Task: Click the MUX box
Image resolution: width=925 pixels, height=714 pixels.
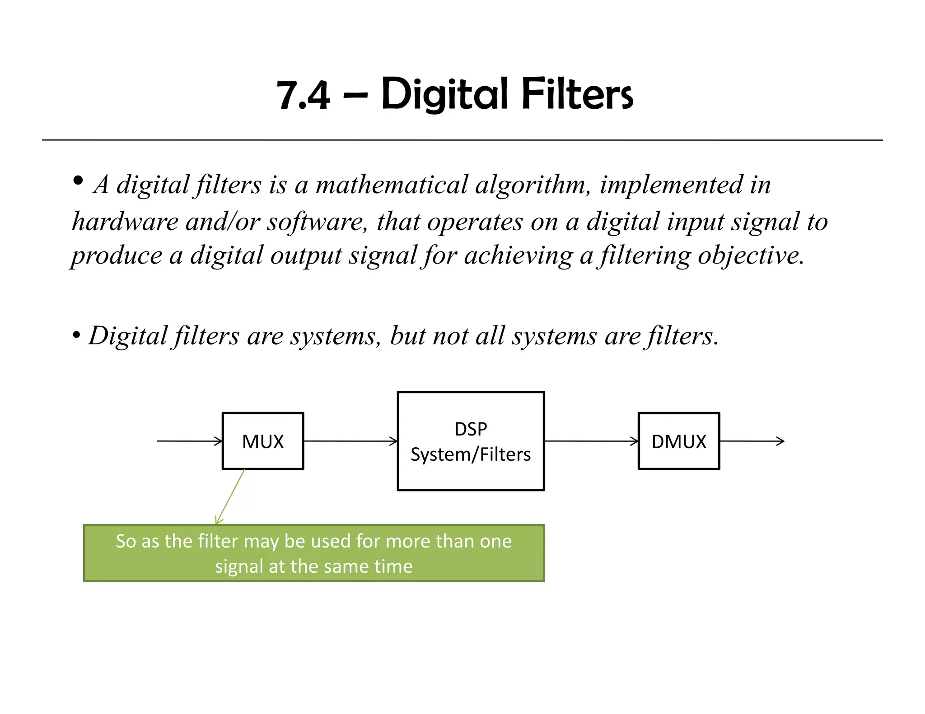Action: pos(263,441)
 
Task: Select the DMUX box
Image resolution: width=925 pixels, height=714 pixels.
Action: pos(678,441)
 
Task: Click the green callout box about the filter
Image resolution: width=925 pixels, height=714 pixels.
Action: pos(314,553)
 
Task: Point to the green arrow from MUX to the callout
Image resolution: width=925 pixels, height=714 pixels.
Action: pos(230,496)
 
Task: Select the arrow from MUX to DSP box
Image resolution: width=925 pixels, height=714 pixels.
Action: pos(350,441)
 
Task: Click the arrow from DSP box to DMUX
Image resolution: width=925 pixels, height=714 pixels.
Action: pos(591,441)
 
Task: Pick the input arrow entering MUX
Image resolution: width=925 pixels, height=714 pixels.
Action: pos(190,441)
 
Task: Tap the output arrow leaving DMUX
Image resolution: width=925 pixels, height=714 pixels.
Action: pos(752,441)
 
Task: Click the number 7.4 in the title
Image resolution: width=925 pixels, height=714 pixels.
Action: pos(303,95)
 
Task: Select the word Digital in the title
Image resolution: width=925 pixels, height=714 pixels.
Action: pos(444,95)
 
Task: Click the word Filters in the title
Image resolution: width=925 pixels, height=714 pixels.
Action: pos(577,94)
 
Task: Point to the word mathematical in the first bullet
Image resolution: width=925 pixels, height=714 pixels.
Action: pos(392,185)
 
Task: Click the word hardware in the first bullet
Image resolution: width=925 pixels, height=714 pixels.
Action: pos(125,222)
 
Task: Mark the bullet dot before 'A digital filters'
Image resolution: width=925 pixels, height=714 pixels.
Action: pos(78,181)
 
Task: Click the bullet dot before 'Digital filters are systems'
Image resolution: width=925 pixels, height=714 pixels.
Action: pos(76,335)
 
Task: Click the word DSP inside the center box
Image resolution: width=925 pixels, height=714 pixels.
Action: pos(471,429)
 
